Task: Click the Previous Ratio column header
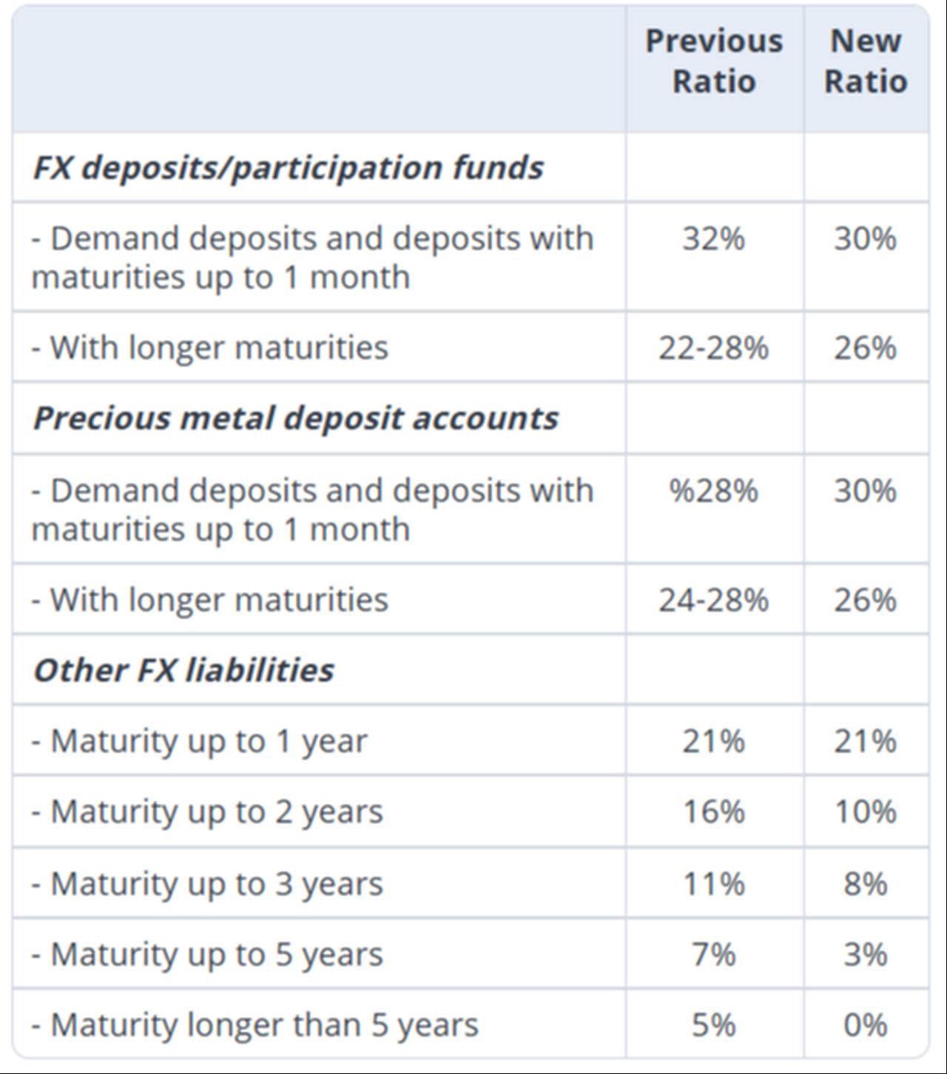pos(713,61)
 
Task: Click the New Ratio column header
pos(865,61)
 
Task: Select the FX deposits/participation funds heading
pos(288,167)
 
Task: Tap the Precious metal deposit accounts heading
pos(295,417)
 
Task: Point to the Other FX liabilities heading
pos(183,670)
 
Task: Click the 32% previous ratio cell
pos(713,238)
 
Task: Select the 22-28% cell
pos(713,347)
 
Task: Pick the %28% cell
pos(713,491)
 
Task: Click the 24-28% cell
pos(713,600)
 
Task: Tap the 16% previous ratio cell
pos(713,812)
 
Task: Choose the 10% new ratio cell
pos(865,812)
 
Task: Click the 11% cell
pos(713,884)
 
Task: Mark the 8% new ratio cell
pos(865,884)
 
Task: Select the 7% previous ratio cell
pos(713,954)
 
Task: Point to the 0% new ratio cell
pos(865,1025)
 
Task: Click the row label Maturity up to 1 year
pos(200,741)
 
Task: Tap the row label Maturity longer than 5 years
pos(255,1025)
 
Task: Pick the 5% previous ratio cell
pos(713,1025)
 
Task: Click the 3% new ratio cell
pos(865,954)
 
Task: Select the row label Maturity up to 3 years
pos(207,884)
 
